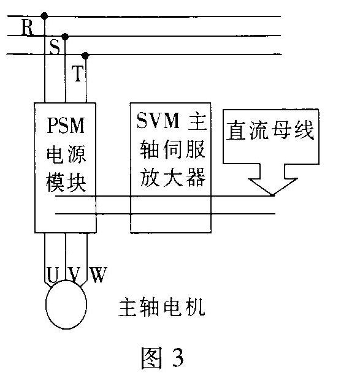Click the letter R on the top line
click(27, 28)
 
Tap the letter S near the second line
click(55, 47)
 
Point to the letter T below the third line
click(77, 74)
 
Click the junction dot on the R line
click(44, 16)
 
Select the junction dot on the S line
click(65, 37)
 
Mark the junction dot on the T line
click(85, 56)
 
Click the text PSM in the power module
click(66, 126)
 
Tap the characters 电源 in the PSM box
click(66, 154)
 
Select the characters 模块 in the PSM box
click(66, 183)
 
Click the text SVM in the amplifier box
click(158, 120)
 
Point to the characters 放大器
click(173, 177)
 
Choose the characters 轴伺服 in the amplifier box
click(173, 149)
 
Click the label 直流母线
click(270, 130)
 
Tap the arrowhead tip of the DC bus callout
click(272, 195)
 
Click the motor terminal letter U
click(52, 274)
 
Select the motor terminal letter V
click(74, 274)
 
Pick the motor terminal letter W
click(98, 274)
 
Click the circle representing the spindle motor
click(46, 304)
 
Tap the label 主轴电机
click(162, 307)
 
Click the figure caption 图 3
click(163, 358)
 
